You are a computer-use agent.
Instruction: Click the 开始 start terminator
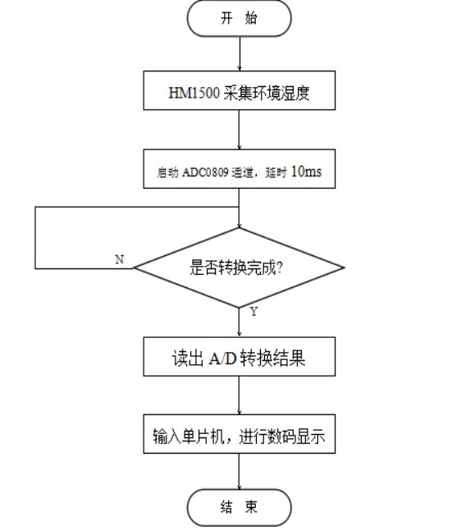239,18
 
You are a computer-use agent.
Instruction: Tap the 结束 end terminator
239,507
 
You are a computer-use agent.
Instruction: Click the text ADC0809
206,172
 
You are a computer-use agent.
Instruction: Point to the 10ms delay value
306,171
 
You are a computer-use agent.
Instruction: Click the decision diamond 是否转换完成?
239,267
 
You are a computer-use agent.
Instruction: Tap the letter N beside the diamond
119,259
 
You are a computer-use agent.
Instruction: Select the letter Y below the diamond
253,311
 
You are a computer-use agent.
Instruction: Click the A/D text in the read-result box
222,359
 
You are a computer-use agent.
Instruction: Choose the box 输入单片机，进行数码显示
240,434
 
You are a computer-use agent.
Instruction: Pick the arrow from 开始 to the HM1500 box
240,53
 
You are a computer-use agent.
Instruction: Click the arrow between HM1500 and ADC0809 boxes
240,130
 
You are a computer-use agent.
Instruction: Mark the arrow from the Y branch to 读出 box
240,322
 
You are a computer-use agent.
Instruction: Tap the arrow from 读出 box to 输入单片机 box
240,395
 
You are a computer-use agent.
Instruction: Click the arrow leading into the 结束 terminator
240,471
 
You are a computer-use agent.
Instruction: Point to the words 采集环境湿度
267,92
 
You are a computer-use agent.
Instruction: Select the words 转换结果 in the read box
272,359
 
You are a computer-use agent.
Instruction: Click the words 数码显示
296,436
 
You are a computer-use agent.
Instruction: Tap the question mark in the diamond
279,267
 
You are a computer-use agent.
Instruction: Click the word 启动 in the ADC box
167,172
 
